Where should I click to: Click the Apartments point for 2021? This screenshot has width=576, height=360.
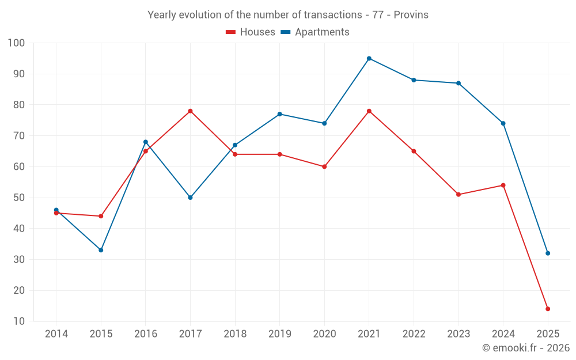click(369, 58)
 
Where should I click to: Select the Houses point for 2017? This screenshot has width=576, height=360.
click(190, 111)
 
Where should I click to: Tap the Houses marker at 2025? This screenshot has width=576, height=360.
click(548, 309)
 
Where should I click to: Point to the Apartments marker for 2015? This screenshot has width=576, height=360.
click(101, 250)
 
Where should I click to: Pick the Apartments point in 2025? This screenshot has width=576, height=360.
click(548, 253)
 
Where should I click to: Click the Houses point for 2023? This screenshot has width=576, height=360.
click(458, 194)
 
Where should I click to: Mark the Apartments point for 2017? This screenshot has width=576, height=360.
click(190, 198)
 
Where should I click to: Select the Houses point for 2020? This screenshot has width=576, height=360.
click(324, 166)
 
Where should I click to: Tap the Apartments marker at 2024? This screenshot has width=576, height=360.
click(503, 123)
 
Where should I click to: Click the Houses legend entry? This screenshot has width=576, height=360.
click(251, 32)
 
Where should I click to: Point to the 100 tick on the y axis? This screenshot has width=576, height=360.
click(16, 43)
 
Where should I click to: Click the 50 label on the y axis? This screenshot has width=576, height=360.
click(19, 198)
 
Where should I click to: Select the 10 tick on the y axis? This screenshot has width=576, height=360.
click(19, 321)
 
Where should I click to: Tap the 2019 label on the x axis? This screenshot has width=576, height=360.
click(280, 334)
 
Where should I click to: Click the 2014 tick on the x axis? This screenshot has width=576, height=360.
click(56, 334)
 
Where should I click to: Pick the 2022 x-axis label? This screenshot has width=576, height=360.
click(414, 334)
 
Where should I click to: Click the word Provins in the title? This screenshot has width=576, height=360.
click(411, 15)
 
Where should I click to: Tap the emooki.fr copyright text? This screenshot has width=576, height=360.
click(526, 348)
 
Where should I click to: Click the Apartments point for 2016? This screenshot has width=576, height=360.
click(146, 142)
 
